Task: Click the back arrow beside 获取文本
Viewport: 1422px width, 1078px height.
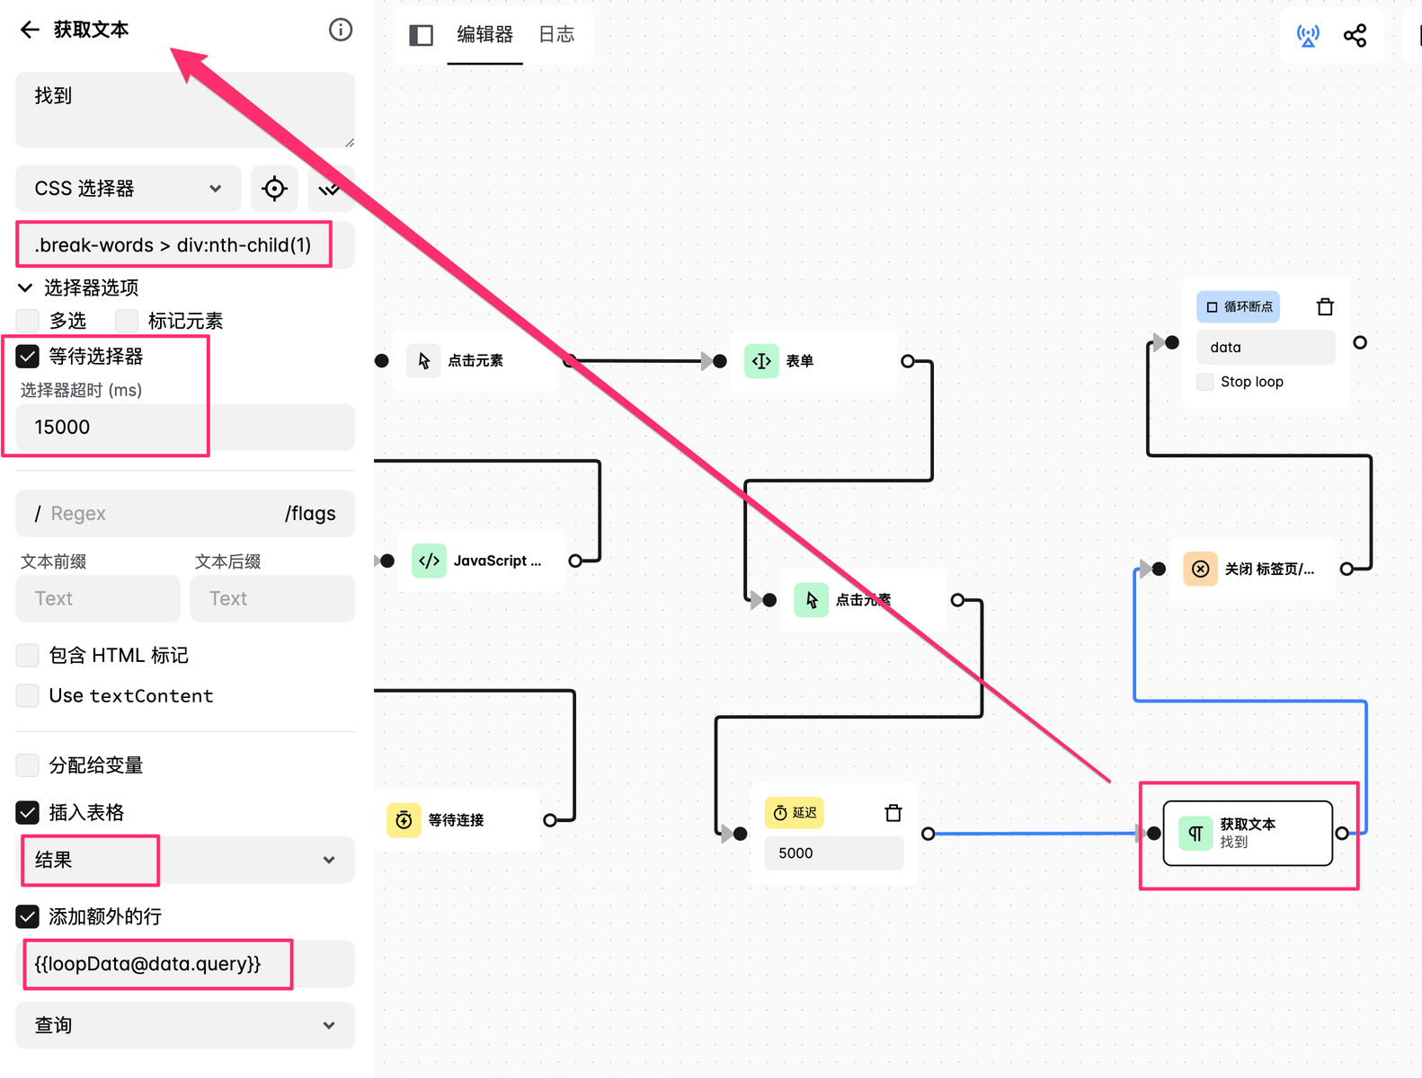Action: (30, 30)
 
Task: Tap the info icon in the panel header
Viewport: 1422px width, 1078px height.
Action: (340, 30)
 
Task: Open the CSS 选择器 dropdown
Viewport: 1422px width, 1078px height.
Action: (129, 189)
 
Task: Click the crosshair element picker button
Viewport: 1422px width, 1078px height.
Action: (274, 189)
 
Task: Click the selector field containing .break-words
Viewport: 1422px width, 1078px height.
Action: (185, 245)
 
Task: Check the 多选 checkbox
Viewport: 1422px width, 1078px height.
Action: (27, 321)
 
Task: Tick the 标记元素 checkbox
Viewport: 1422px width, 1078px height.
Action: (127, 321)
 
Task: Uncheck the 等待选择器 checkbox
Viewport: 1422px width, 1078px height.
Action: (27, 356)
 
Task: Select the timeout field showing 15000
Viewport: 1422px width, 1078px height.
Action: (185, 428)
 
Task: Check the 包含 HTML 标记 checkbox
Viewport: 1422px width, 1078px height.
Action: (27, 655)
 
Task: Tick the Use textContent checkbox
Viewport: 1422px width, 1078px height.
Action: (27, 696)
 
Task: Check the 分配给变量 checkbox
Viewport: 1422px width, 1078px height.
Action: (27, 765)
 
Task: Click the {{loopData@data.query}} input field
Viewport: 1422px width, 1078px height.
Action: (185, 964)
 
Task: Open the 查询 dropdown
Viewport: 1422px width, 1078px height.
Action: (185, 1026)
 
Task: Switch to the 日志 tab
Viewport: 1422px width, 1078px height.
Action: (556, 34)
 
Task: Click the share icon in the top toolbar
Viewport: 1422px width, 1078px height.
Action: (1355, 36)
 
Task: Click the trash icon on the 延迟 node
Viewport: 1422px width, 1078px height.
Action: (893, 813)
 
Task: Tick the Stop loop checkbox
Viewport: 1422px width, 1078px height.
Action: (1205, 382)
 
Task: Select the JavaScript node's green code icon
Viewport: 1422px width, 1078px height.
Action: (429, 561)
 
